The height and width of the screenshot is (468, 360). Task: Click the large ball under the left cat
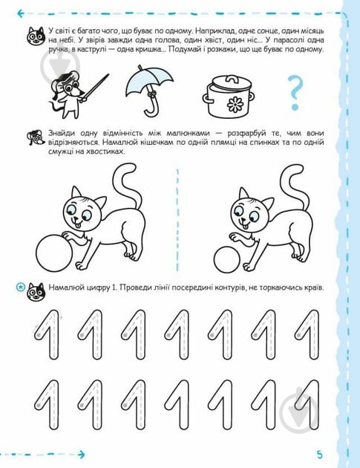[53, 253]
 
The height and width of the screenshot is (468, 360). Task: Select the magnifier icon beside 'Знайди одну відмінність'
[33, 136]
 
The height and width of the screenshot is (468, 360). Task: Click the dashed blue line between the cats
[178, 215]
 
